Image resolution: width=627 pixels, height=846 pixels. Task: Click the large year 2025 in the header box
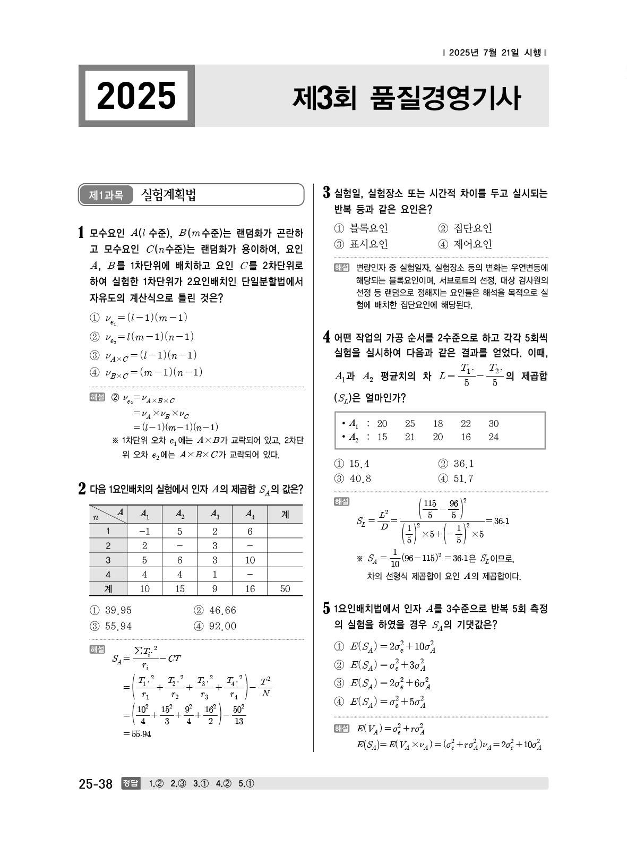(x=136, y=96)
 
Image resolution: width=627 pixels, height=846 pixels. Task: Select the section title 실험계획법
(x=168, y=195)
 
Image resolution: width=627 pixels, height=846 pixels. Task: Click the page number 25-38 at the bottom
(x=96, y=783)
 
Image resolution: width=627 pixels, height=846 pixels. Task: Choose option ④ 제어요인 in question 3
(x=466, y=244)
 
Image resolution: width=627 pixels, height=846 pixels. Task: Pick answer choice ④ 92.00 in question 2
(x=216, y=626)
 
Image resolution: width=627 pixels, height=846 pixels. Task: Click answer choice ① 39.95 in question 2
(x=111, y=610)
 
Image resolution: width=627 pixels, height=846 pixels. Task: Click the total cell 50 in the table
(x=285, y=588)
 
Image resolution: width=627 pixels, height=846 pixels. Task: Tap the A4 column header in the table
(x=250, y=514)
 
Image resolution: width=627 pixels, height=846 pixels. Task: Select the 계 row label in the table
(x=108, y=588)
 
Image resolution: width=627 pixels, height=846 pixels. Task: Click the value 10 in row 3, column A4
(x=250, y=560)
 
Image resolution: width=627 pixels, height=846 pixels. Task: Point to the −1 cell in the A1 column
(x=144, y=531)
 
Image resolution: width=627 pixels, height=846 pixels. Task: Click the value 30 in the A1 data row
(x=494, y=424)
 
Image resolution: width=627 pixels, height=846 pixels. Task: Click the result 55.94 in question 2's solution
(x=138, y=734)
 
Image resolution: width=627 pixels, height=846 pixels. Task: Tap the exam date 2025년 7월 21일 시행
(x=494, y=53)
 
